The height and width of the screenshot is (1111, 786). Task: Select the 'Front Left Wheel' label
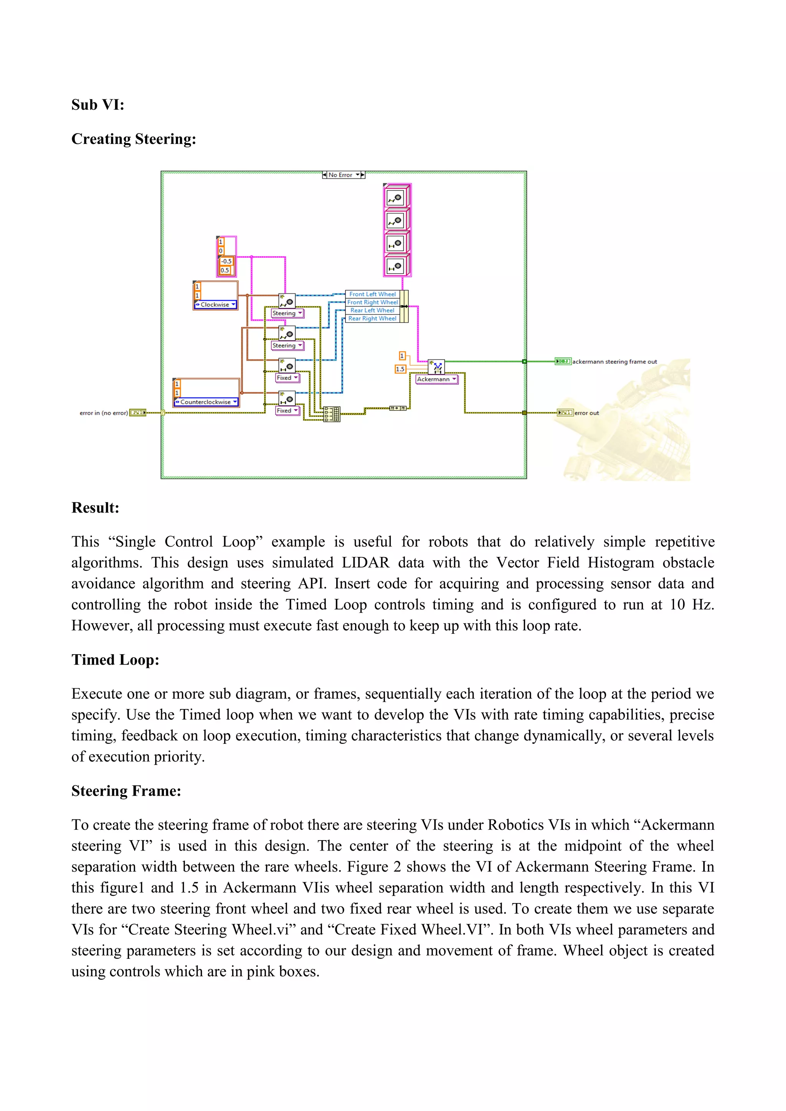point(372,294)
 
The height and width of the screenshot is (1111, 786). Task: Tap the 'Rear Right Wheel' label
point(372,318)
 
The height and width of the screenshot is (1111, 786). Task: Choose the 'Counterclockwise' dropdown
point(206,402)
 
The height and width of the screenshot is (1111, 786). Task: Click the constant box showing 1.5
point(400,369)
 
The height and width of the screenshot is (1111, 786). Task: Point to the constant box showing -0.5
point(226,261)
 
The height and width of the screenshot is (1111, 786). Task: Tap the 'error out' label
point(586,413)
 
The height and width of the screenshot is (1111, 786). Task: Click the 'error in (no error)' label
point(104,413)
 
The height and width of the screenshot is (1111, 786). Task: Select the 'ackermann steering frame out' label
point(615,362)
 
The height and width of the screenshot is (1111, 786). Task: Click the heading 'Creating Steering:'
point(134,139)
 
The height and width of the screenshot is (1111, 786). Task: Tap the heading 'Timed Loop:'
point(115,660)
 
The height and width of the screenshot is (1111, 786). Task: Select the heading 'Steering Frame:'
point(126,791)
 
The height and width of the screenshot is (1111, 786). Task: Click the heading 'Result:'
point(95,508)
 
